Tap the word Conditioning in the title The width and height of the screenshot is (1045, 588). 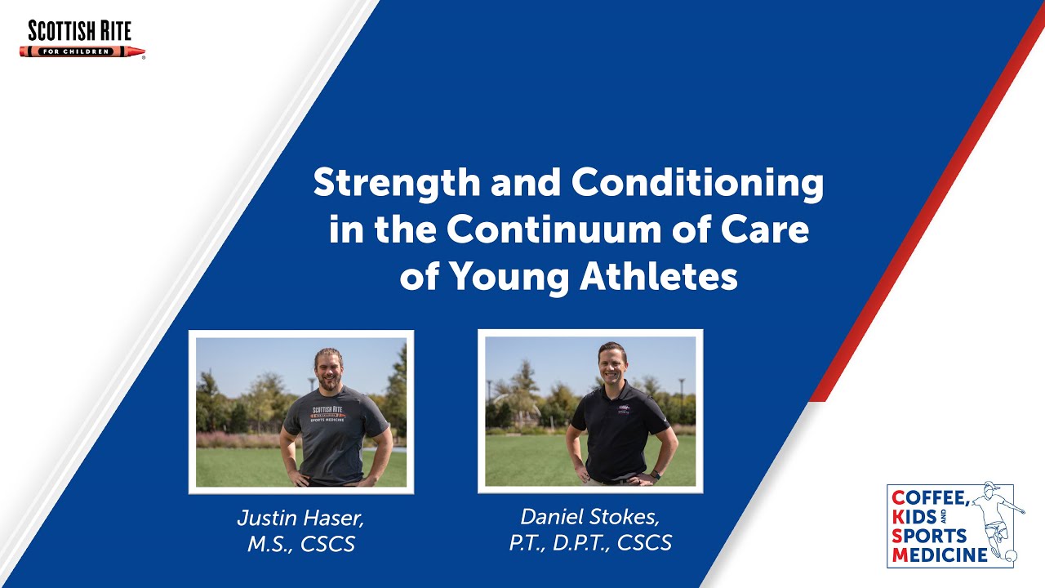tap(698, 184)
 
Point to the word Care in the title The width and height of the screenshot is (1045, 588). tap(768, 230)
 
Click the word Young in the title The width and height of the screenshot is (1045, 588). tap(509, 278)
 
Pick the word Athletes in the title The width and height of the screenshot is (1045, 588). tap(659, 278)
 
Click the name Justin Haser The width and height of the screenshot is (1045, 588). tap(301, 519)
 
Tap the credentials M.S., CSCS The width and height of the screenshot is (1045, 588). tap(301, 544)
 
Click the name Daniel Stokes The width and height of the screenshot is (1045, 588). tap(589, 517)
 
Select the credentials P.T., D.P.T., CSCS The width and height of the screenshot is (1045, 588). tap(589, 543)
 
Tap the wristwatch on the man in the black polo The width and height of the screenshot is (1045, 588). tap(656, 474)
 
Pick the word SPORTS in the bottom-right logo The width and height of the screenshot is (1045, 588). tap(929, 537)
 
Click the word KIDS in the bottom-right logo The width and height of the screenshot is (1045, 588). tap(914, 518)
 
